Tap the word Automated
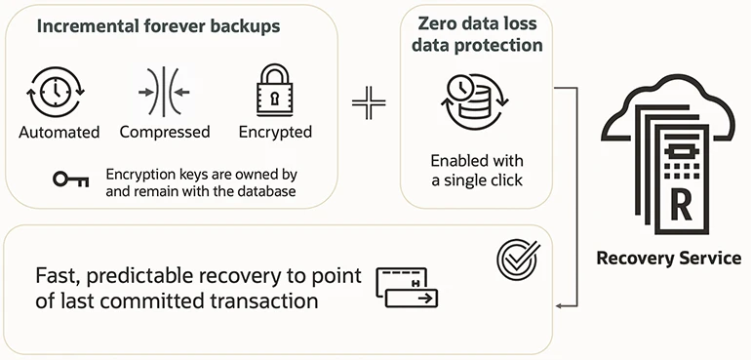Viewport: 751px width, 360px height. click(59, 132)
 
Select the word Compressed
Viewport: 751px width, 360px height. click(165, 132)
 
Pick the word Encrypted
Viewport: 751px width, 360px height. click(275, 132)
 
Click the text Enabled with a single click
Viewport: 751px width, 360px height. click(477, 170)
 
